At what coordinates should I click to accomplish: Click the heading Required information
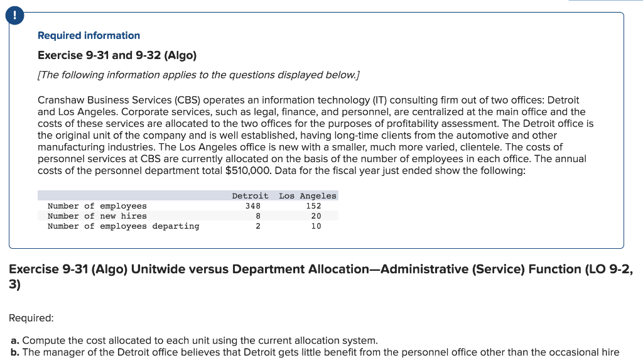89,36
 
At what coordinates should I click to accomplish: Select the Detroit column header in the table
250,196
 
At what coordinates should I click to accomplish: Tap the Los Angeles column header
307,196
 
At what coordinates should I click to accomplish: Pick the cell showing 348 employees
252,206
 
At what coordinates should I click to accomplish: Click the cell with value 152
313,206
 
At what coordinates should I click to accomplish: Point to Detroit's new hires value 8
257,216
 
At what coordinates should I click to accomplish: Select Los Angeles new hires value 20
316,216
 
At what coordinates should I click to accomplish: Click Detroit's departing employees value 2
257,226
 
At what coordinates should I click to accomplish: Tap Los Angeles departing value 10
316,226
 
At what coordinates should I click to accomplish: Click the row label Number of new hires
97,216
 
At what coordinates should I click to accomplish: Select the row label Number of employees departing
123,226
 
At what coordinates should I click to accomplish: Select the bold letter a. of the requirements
16,341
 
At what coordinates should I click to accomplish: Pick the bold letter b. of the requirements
16,352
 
